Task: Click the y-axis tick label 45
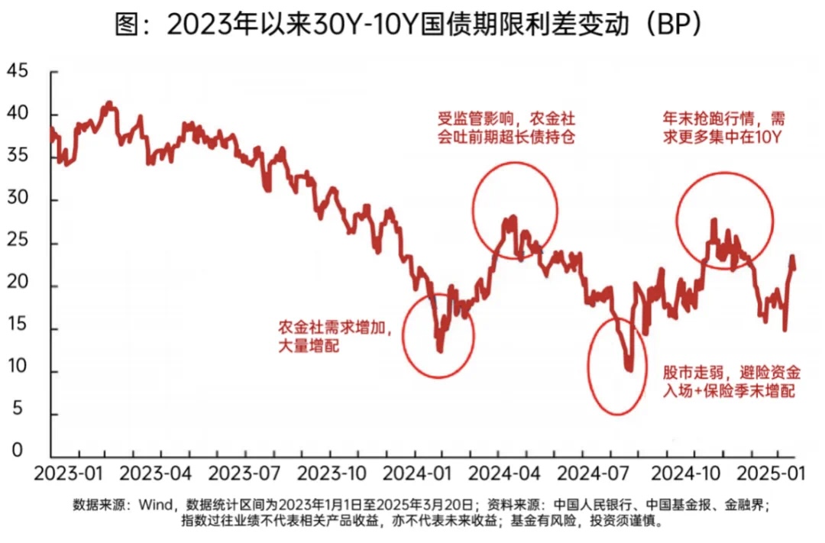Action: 17,72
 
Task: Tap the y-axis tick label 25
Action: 17,244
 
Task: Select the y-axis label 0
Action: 17,451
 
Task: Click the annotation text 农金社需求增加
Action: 335,330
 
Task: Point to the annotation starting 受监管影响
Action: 506,128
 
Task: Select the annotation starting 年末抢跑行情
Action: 723,128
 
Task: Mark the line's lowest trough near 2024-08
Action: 629,370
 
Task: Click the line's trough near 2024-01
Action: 439,350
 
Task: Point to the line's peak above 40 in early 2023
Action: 108,102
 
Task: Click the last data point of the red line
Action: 794,268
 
